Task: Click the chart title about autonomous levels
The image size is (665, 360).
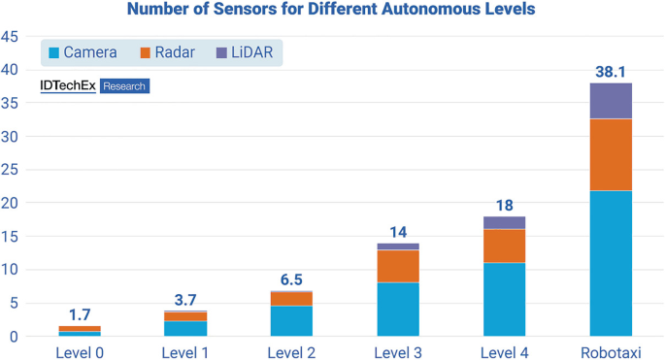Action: [x=332, y=11]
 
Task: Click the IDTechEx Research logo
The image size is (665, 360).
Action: [x=94, y=86]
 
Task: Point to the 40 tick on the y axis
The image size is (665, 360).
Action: [x=11, y=70]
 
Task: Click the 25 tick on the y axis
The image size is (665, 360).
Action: [x=11, y=170]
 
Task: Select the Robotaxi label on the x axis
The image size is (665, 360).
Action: [x=611, y=350]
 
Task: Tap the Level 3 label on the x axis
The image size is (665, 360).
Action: [x=398, y=350]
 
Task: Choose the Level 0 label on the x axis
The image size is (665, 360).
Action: [x=80, y=350]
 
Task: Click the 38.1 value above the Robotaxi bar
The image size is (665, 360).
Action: [x=611, y=72]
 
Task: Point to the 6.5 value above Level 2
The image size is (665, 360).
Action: [x=292, y=279]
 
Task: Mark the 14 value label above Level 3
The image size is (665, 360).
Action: [x=398, y=232]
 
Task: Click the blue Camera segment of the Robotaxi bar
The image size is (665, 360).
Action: [x=611, y=263]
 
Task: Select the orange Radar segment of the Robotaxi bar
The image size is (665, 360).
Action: [x=611, y=154]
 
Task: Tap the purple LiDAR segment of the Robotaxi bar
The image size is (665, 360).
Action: [x=611, y=101]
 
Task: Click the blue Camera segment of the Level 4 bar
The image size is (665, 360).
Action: [x=505, y=299]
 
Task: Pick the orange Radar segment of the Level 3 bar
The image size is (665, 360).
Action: [x=398, y=266]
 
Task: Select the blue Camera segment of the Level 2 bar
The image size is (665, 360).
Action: [x=292, y=321]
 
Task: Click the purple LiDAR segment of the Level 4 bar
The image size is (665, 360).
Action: [x=505, y=222]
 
